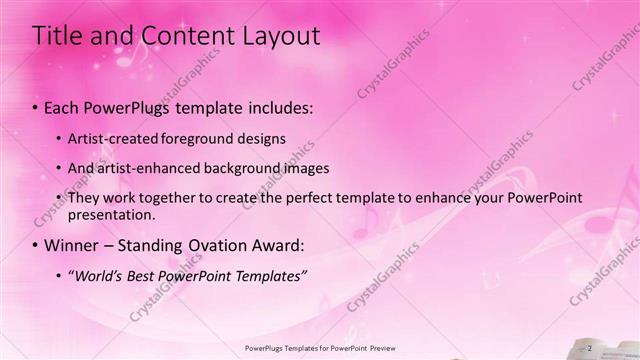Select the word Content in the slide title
point(170,37)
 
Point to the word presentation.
point(111,214)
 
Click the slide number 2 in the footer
point(590,348)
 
